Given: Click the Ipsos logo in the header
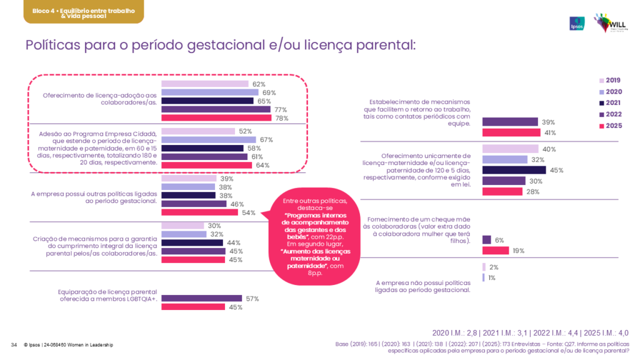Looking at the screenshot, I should [577, 22].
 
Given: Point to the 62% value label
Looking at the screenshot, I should [259, 84].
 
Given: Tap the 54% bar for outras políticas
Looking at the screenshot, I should [199, 212].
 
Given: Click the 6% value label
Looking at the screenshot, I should [499, 240].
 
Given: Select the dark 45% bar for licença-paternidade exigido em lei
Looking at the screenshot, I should [514, 170].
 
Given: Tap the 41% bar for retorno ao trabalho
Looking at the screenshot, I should [511, 132].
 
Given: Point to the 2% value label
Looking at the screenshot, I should [494, 267].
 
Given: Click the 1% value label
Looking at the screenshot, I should [492, 277].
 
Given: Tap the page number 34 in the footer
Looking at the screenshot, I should [14, 345].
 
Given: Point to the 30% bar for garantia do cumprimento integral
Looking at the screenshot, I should [182, 226].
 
